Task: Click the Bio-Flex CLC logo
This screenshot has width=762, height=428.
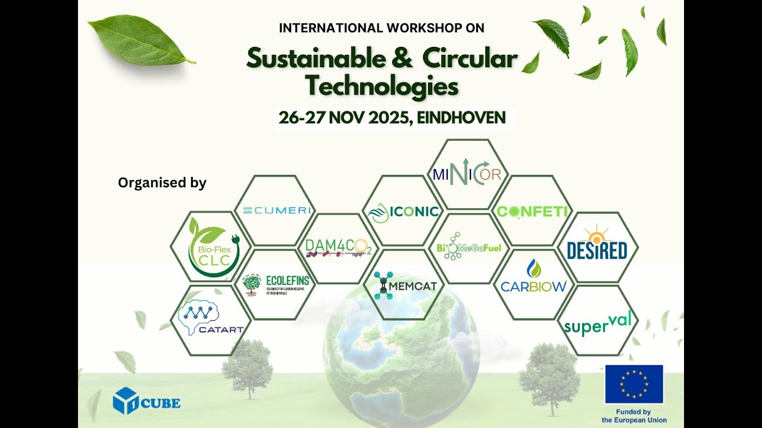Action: pos(211,247)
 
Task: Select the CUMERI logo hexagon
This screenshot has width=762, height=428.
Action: pos(275,210)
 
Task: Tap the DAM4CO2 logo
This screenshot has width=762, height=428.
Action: pos(338,247)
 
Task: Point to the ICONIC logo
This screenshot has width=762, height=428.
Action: pos(404,211)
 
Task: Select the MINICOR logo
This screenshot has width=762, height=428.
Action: pos(468,174)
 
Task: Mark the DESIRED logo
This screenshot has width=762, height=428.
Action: pos(597,245)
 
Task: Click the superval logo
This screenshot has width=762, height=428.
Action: pos(597,322)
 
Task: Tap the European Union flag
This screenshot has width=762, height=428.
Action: pos(634,384)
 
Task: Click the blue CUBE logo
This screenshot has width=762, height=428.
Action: pos(146,401)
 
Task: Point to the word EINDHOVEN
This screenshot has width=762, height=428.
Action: pos(461,118)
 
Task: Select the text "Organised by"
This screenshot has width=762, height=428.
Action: pos(162,183)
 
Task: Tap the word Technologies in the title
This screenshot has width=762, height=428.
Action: pos(382,87)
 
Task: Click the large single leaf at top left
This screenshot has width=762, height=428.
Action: pos(140,40)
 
